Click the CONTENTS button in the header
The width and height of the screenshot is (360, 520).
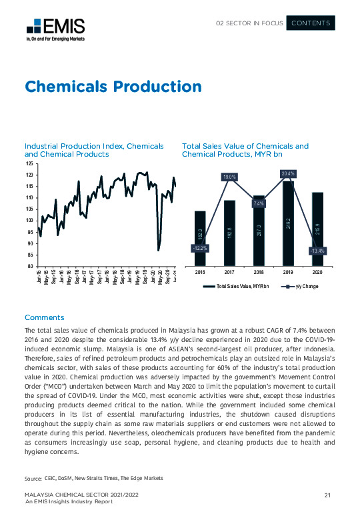coord(311,23)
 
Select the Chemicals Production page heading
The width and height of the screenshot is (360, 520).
coord(113,87)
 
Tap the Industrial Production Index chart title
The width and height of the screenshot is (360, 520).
coord(94,150)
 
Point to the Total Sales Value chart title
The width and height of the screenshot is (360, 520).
coord(245,150)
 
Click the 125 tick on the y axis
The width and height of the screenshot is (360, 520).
coord(28,163)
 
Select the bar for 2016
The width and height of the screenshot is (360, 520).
coord(200,238)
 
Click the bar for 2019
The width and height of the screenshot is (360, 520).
coord(288,223)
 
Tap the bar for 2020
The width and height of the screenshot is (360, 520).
coord(317,229)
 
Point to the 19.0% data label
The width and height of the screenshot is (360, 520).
coord(229,177)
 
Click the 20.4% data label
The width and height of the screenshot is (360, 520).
coord(288,173)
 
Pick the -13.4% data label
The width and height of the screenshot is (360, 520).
coord(317,251)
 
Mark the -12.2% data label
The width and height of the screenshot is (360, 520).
coord(199,248)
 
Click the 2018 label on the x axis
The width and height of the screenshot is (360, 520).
coord(259,273)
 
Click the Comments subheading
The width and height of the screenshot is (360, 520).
coord(44,317)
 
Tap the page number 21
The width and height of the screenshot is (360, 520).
coord(328,494)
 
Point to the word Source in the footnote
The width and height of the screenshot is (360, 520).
coord(33,479)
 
